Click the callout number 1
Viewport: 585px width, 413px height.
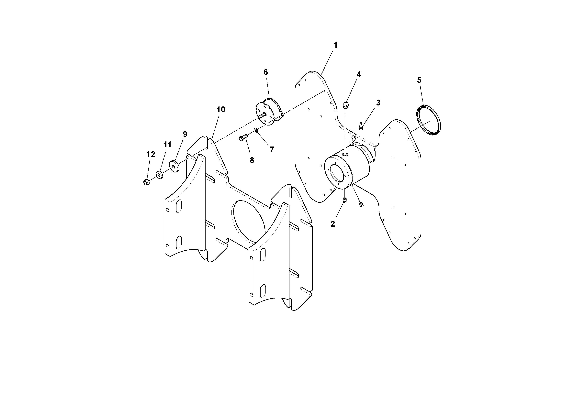click(335, 46)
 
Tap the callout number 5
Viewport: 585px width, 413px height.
click(419, 80)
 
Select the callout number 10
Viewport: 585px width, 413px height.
click(221, 110)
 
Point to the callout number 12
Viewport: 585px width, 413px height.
click(151, 155)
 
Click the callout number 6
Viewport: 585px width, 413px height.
click(265, 72)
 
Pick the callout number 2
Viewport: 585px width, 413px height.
click(333, 224)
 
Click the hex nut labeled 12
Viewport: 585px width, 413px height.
click(146, 182)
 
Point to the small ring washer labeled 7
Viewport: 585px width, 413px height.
click(256, 131)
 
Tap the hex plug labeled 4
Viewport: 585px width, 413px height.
click(346, 105)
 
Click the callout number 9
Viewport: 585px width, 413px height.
click(185, 135)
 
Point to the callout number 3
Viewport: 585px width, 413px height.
click(378, 103)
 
